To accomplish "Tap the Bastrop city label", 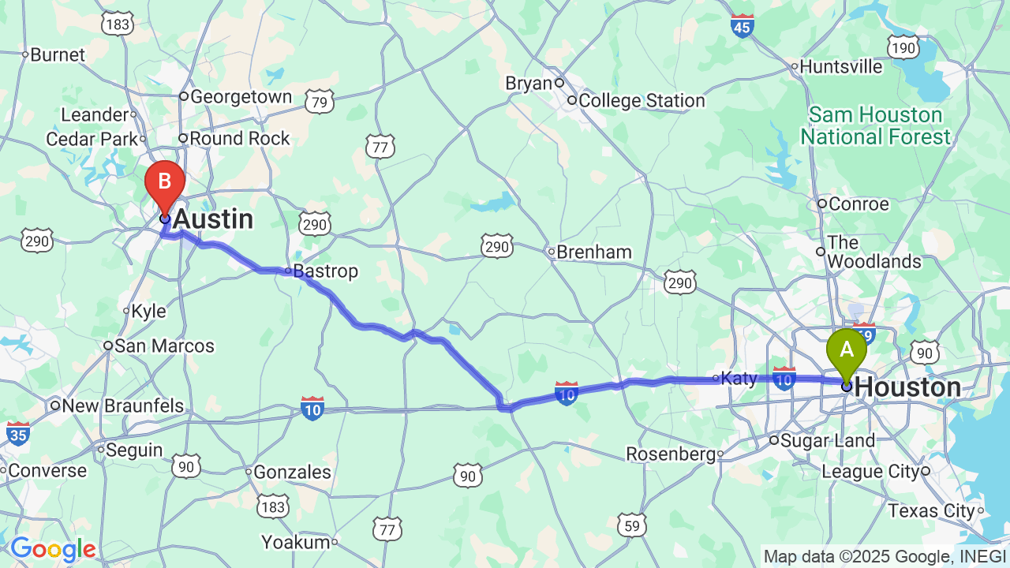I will (x=325, y=271).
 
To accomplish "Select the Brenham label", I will (x=593, y=252).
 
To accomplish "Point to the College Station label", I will (x=641, y=101).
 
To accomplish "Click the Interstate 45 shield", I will (x=742, y=25).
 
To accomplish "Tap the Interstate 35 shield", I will (x=18, y=433).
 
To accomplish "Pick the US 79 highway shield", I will (x=320, y=102).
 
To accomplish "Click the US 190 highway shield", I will (x=902, y=49).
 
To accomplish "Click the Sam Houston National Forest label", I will (x=876, y=126).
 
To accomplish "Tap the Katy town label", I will (x=739, y=379).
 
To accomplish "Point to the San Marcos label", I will (x=164, y=346).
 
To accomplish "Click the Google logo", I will (x=53, y=549).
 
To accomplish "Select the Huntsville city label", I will (x=841, y=67).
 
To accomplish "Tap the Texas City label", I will (x=932, y=511).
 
